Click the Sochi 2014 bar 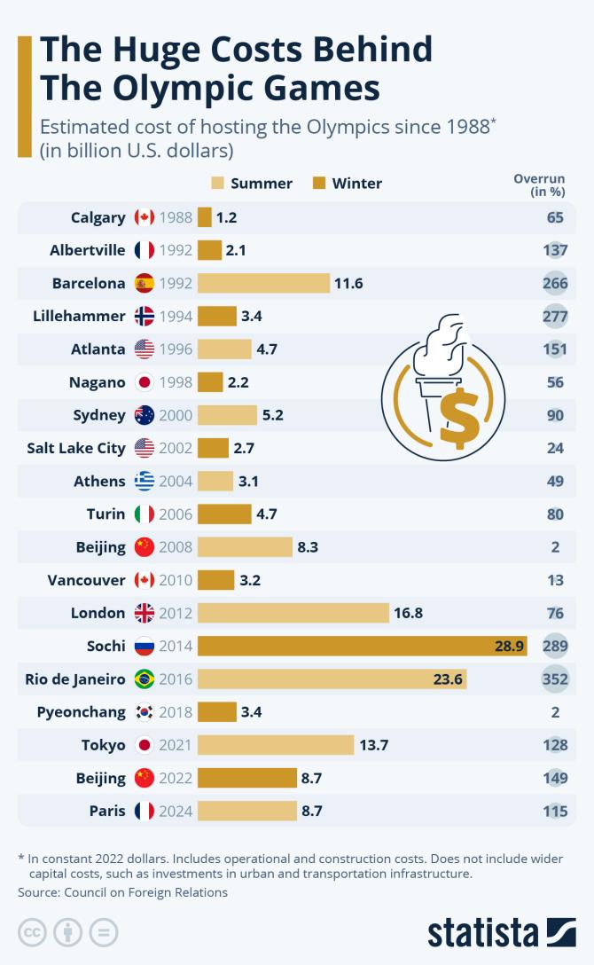pos(362,647)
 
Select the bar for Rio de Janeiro pos(332,679)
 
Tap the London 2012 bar pos(293,613)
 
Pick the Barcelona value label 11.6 pos(348,283)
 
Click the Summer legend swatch pos(217,184)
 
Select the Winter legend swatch pos(319,184)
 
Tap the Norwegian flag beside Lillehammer pos(145,316)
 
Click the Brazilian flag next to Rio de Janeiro pos(145,679)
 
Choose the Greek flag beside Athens pos(145,481)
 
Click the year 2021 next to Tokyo pos(176,745)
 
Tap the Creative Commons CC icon pos(32,932)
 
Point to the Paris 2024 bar pos(246,811)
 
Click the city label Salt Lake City pos(76,448)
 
